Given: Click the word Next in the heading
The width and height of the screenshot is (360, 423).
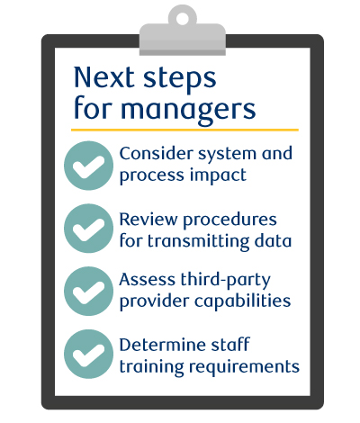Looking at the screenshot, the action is pos(103,77).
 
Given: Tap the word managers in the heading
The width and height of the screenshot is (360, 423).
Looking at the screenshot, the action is pos(188,110).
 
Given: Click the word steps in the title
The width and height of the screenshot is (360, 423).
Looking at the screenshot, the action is pos(180,79).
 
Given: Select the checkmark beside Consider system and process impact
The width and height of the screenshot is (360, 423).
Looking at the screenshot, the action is pos(88,166).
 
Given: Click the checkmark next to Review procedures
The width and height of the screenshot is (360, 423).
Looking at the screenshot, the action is pos(88,229).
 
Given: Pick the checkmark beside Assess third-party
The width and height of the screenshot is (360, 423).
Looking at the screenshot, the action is pos(88,292).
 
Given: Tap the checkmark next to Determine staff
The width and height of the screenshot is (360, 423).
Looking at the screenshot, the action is pos(88,354).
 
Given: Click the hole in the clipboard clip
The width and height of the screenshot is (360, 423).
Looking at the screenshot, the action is pos(182,18).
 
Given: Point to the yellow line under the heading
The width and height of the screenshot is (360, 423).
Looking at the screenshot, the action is pos(184,130).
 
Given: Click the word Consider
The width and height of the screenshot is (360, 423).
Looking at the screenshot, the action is pos(157,154).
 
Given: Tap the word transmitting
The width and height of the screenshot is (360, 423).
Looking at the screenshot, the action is pos(198,241).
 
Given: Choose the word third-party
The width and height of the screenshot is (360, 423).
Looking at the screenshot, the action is pos(225,280).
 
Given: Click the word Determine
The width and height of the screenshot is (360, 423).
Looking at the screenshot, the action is pos(163,345).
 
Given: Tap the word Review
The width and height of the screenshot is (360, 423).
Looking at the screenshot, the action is pos(148,219).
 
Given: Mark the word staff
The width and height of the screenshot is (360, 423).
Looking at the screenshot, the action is pos(230,345).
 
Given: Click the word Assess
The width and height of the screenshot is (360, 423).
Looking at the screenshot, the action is pos(148,280).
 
